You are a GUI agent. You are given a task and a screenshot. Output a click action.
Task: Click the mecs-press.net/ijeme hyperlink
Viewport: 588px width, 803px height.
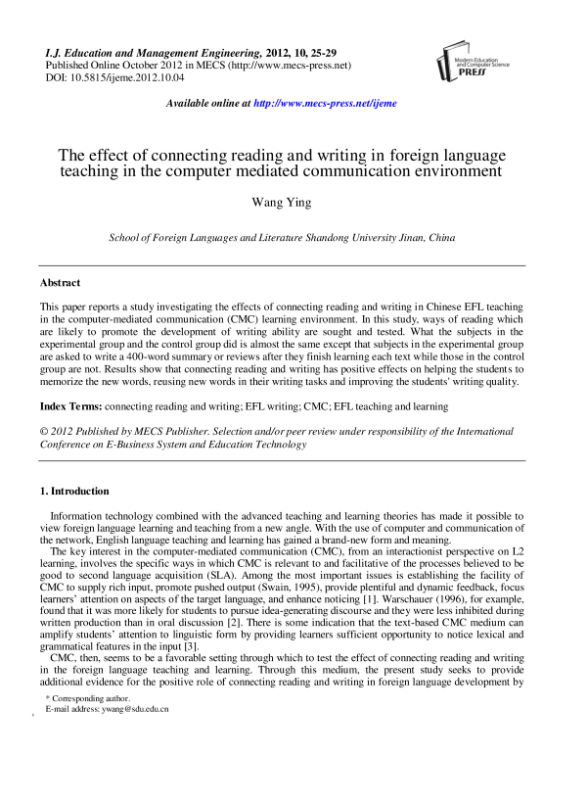(x=325, y=103)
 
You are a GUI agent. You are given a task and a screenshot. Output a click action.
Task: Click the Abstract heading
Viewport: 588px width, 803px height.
(x=61, y=282)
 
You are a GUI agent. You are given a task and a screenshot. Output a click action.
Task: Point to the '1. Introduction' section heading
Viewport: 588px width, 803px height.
(x=74, y=491)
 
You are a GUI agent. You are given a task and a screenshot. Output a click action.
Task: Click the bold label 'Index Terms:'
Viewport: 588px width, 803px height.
(x=70, y=404)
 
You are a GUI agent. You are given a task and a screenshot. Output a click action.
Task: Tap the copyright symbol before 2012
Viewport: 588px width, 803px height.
(x=43, y=428)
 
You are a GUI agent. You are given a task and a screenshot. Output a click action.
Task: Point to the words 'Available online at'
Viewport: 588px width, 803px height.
(x=208, y=103)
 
